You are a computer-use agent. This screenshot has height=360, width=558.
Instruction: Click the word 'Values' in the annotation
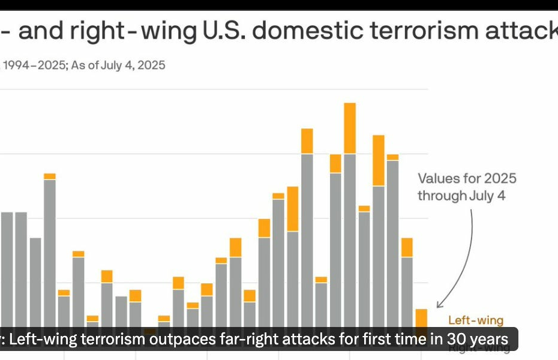click(x=439, y=178)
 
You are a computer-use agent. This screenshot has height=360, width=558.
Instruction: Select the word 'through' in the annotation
click(x=442, y=196)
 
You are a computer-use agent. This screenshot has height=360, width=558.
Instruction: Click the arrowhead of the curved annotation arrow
click(x=439, y=304)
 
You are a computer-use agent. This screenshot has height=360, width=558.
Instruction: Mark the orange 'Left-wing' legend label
click(x=476, y=320)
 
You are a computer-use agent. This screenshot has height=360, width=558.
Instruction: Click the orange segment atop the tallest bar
click(x=350, y=128)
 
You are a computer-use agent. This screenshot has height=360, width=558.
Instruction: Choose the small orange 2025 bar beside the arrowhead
click(x=421, y=317)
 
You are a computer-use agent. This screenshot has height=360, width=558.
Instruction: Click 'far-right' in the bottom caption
click(x=252, y=340)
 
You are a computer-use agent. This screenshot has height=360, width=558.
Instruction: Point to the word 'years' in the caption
click(x=487, y=340)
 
